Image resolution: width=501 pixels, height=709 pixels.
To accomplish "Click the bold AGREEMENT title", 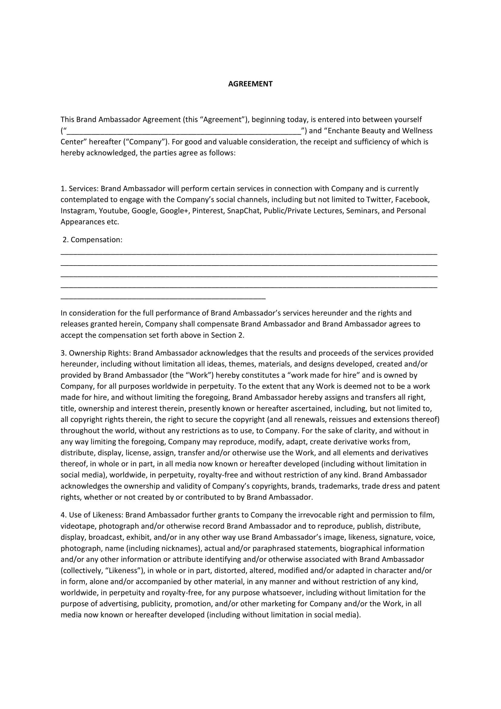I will point(250,84).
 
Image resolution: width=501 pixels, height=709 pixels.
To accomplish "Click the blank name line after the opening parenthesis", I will point(184,132).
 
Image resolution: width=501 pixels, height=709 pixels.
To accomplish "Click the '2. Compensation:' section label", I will point(93,240).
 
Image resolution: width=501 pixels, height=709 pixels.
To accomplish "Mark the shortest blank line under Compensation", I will point(163,299).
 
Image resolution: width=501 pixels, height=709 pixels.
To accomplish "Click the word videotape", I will point(78,526).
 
